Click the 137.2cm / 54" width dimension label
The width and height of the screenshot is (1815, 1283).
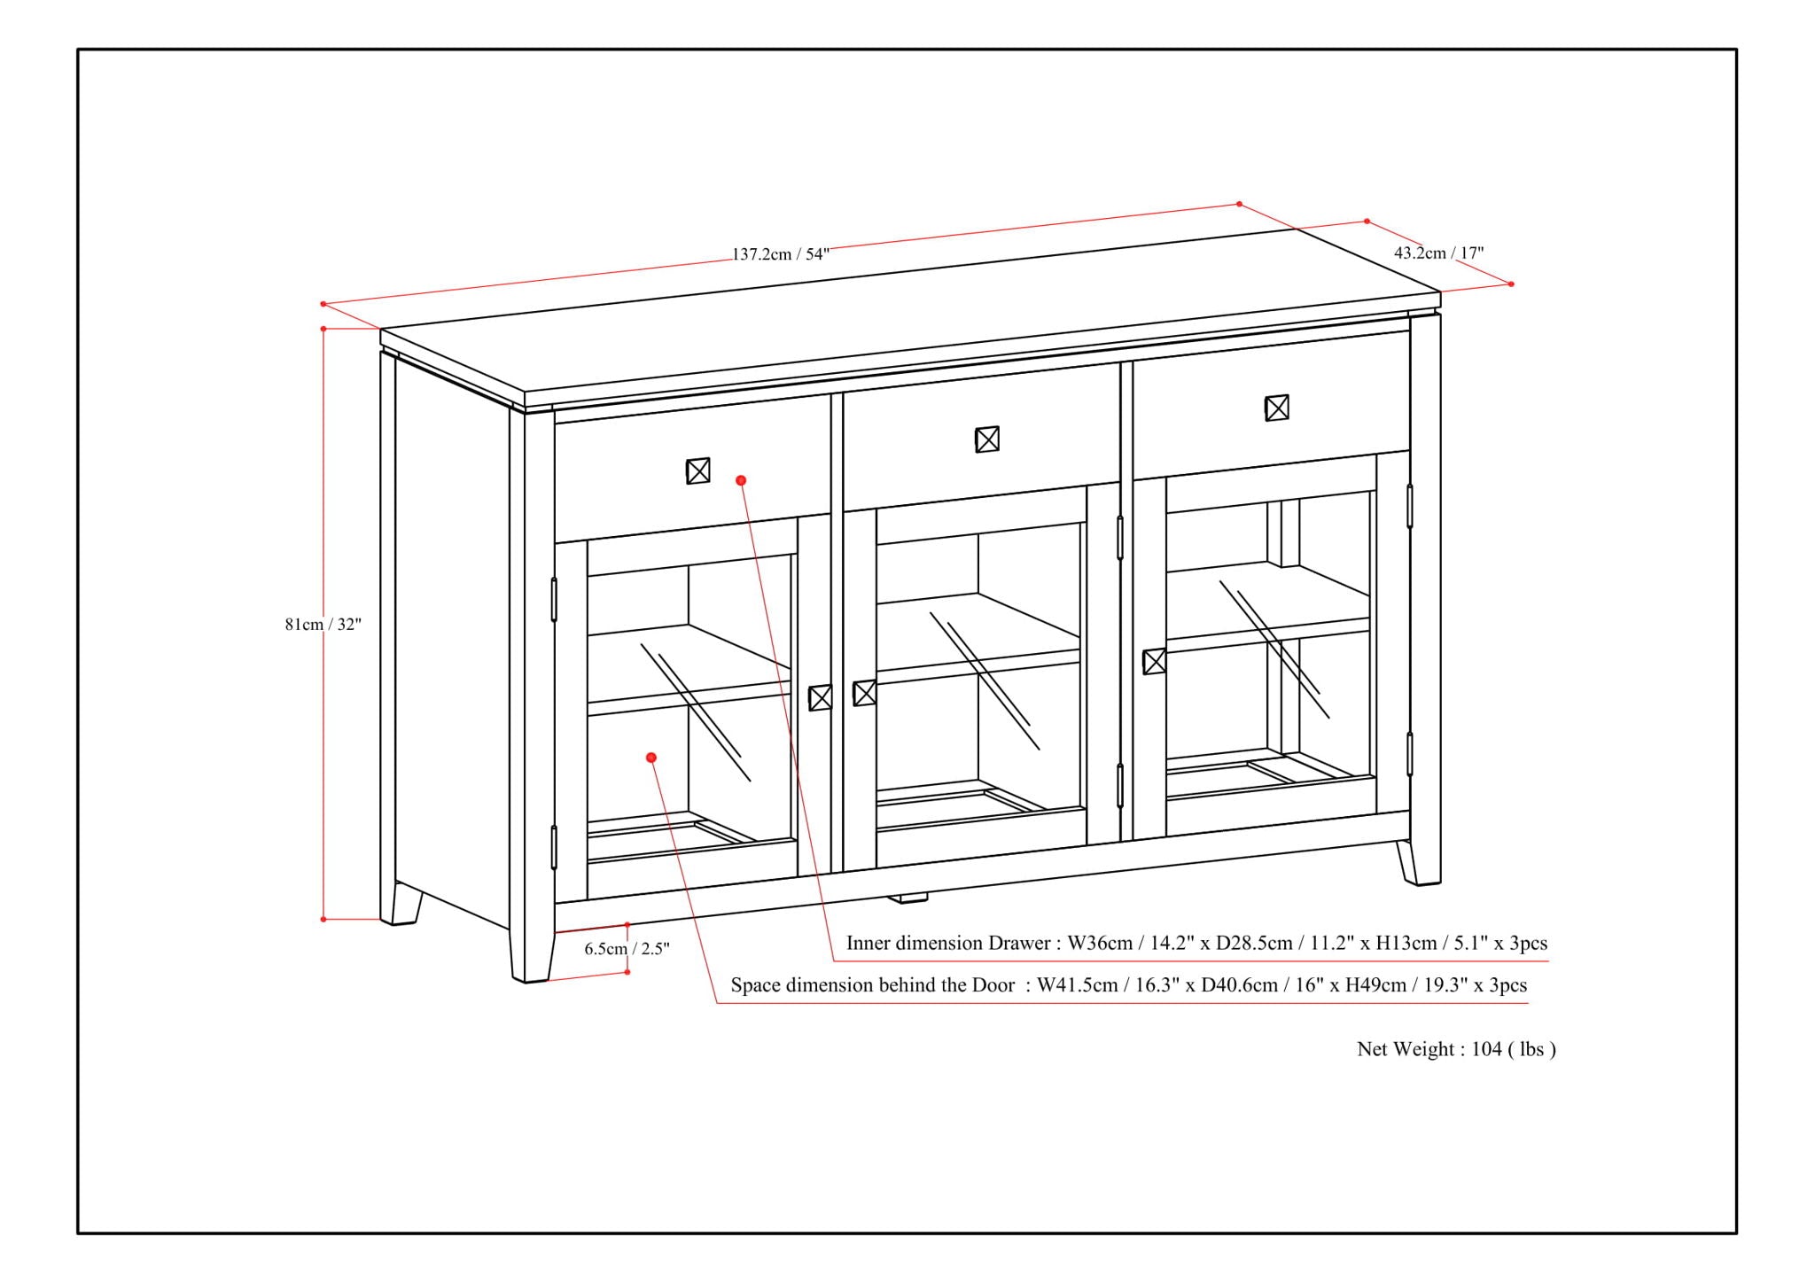click(x=780, y=254)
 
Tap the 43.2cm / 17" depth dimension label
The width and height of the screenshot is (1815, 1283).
click(x=1438, y=253)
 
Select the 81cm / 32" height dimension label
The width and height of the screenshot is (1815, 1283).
click(x=323, y=624)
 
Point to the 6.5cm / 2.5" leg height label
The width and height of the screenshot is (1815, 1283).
click(x=627, y=949)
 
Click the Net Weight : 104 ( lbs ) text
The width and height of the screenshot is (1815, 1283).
click(x=1456, y=1049)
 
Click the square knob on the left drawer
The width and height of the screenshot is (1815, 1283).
click(x=697, y=470)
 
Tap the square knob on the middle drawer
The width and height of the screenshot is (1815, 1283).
click(x=986, y=439)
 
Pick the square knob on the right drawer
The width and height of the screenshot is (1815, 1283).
click(x=1276, y=408)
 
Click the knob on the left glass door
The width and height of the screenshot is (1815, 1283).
click(x=820, y=697)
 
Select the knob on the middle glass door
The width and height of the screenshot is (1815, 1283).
click(x=864, y=693)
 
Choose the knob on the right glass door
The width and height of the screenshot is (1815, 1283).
click(x=1154, y=662)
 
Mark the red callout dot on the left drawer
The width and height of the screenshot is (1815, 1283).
click(x=741, y=480)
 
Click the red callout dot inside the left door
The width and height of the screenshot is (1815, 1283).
click(x=651, y=758)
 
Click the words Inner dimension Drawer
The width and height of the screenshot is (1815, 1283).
click(x=948, y=943)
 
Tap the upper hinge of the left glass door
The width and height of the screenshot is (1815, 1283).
click(x=554, y=599)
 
